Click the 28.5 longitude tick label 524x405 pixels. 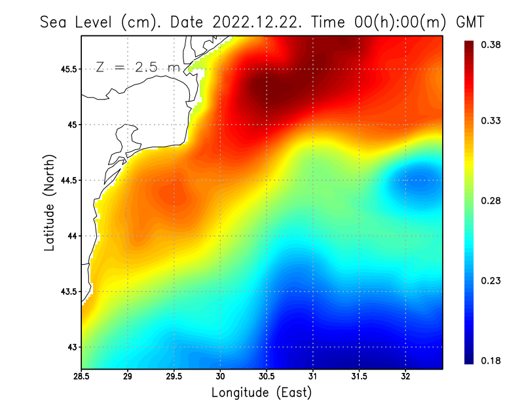(x=81, y=377)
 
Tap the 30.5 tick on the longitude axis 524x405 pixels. (x=267, y=377)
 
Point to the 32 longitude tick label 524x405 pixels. (x=405, y=377)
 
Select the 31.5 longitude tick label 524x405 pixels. (x=359, y=377)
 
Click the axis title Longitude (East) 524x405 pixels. (x=261, y=393)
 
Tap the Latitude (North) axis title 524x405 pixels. (x=50, y=202)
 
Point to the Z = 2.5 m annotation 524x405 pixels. (x=138, y=67)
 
